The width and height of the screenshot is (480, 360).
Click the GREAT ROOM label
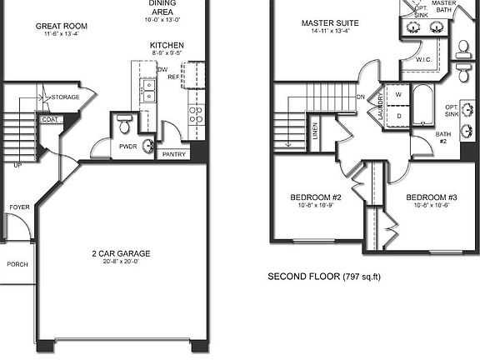pos(62,27)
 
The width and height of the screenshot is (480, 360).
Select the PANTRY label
pos(174,154)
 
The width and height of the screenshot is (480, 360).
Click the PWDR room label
pos(127,146)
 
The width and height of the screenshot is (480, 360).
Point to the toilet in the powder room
pos(123,123)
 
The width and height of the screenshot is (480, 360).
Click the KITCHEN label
pos(167,45)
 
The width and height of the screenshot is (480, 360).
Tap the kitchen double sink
pos(148,89)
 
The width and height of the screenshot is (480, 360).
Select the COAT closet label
pos(50,119)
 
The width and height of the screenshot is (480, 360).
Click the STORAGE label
pos(65,97)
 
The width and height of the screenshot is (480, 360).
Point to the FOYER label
pos(18,207)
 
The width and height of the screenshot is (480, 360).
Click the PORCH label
pos(17,263)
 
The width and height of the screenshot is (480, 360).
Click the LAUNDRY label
pos(380,107)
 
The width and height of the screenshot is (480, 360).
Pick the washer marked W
pos(397,94)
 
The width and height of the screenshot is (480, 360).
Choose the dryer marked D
pos(397,116)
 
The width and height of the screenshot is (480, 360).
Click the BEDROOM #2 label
pos(316,197)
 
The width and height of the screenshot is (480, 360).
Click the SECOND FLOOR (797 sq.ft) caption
pos(323,276)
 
